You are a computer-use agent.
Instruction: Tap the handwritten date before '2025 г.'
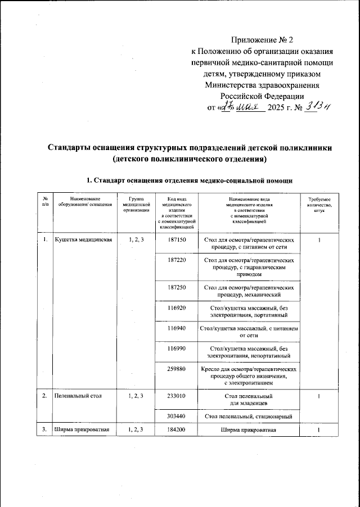pyautogui.click(x=239, y=107)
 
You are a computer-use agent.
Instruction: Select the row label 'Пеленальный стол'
pyautogui.click(x=78, y=396)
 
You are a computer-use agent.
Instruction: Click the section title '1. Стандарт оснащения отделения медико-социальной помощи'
pyautogui.click(x=189, y=180)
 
